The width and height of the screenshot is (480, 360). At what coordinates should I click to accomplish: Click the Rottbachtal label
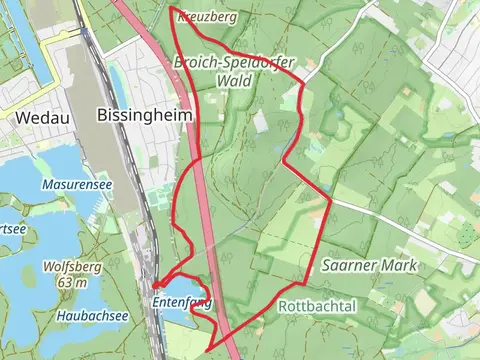coord(317,305)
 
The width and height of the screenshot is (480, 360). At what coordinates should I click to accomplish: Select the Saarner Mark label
coord(369,266)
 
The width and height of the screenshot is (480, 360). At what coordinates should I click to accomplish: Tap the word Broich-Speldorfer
coord(233,62)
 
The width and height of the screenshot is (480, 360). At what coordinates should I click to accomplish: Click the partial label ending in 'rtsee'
coord(11,229)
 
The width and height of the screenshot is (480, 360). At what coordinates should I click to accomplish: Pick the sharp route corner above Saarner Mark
coord(330,197)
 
